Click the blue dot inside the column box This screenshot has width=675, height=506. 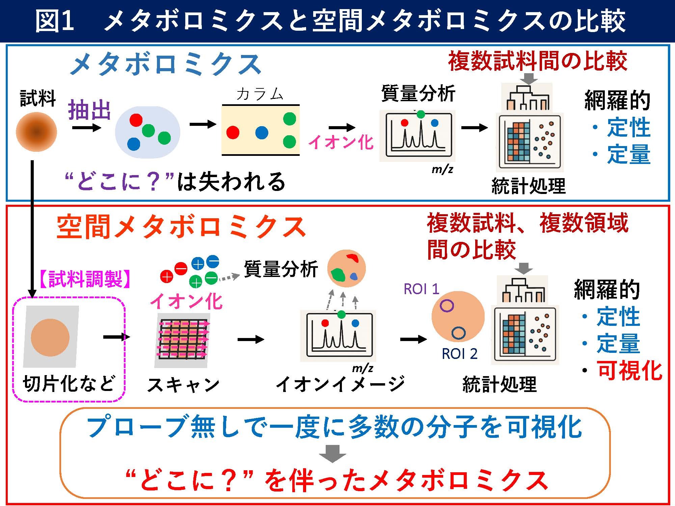coord(262,133)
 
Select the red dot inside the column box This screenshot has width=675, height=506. coord(233,132)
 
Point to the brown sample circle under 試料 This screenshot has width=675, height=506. coord(36,132)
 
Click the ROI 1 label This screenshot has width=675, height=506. coord(421,289)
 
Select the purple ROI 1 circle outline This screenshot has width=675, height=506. coord(447,306)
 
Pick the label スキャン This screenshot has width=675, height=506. coord(183,385)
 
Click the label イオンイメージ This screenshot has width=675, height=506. coord(340,384)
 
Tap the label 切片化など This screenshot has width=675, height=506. coord(69,384)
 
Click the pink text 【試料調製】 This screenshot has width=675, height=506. coord(85,279)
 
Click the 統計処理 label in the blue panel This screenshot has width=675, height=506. coord(528,186)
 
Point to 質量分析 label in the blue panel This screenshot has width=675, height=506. coord(418,93)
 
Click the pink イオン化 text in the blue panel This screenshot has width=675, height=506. coord(341,142)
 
